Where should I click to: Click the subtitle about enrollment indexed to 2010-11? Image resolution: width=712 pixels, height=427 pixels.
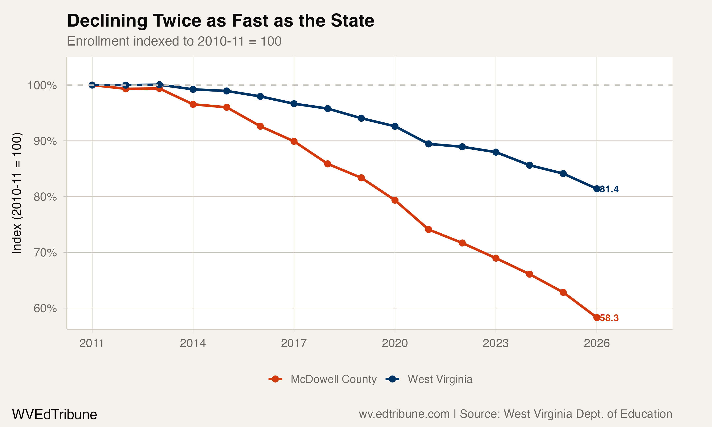(x=174, y=41)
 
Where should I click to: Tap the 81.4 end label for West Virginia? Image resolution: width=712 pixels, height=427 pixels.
(x=609, y=189)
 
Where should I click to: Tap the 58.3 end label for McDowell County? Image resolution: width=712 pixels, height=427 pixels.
(x=609, y=318)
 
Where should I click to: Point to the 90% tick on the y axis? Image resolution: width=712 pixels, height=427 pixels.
(x=45, y=141)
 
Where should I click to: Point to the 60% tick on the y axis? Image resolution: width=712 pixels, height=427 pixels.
(x=45, y=308)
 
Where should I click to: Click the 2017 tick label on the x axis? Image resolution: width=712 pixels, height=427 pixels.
(x=294, y=343)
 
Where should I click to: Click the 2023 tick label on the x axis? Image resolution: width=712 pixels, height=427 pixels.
(x=496, y=343)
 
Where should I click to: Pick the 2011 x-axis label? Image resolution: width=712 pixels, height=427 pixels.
(x=92, y=343)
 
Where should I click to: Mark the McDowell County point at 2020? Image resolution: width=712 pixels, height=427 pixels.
(x=395, y=200)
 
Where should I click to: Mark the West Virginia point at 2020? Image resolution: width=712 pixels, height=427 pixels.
(x=395, y=126)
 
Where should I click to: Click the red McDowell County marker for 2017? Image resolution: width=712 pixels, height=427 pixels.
(x=294, y=141)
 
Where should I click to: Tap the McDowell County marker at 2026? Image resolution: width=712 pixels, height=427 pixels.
(x=597, y=318)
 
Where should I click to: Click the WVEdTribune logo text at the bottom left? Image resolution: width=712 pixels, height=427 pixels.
(x=54, y=415)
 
